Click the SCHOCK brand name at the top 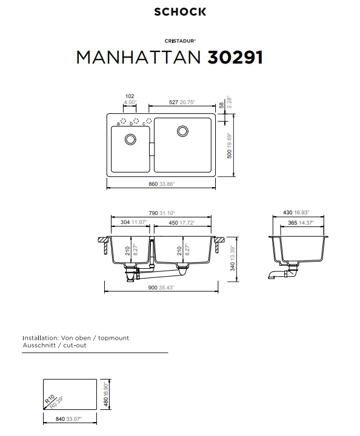180,12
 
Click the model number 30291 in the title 235,58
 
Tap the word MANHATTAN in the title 138,58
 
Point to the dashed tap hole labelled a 124,121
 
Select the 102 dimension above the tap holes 129,96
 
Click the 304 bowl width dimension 125,222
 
